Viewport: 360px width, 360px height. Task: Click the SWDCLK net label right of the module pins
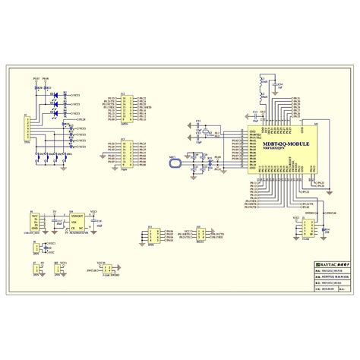(311, 212)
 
